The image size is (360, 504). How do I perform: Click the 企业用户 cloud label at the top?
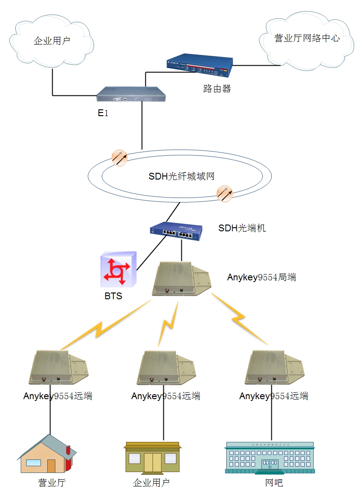52,41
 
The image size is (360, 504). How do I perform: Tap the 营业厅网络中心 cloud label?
307,38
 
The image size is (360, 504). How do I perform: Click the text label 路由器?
217,89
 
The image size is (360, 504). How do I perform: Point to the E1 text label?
103,113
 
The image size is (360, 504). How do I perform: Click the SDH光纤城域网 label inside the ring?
181,176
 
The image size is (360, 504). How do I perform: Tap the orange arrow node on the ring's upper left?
119,157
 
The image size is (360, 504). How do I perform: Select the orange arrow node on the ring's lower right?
224,193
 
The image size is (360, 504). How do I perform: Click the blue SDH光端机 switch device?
176,231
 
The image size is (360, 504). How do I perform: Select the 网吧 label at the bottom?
274,483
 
